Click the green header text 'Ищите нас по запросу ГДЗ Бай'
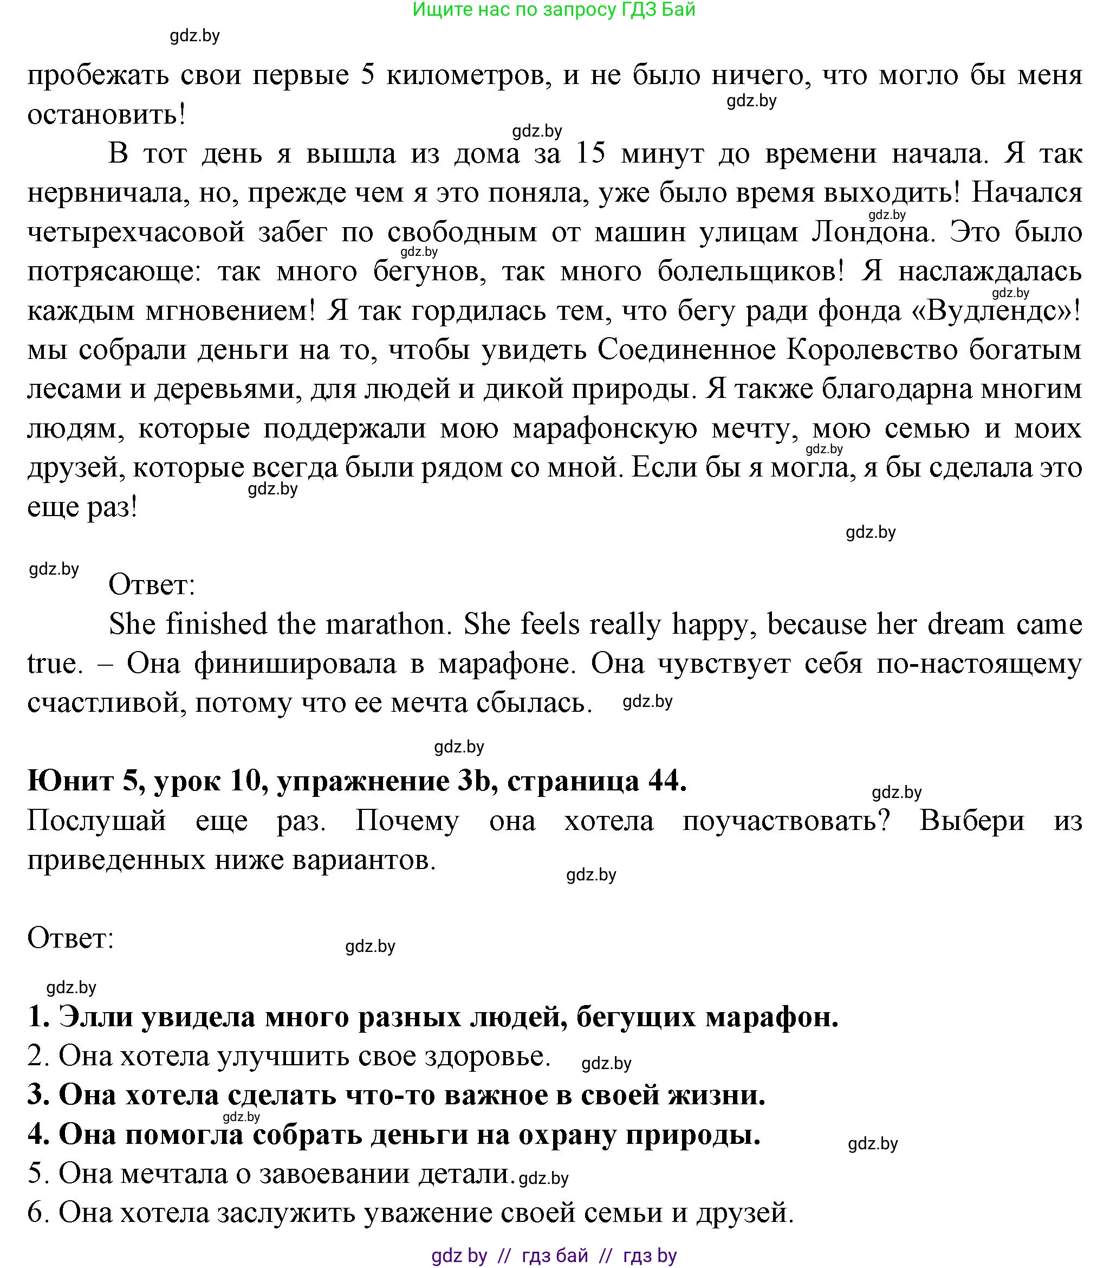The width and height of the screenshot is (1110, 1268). [x=554, y=10]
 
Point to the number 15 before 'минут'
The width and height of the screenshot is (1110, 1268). [x=590, y=153]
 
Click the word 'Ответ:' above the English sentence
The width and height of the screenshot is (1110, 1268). [x=152, y=585]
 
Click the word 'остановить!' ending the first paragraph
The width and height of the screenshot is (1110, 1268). [x=107, y=114]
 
